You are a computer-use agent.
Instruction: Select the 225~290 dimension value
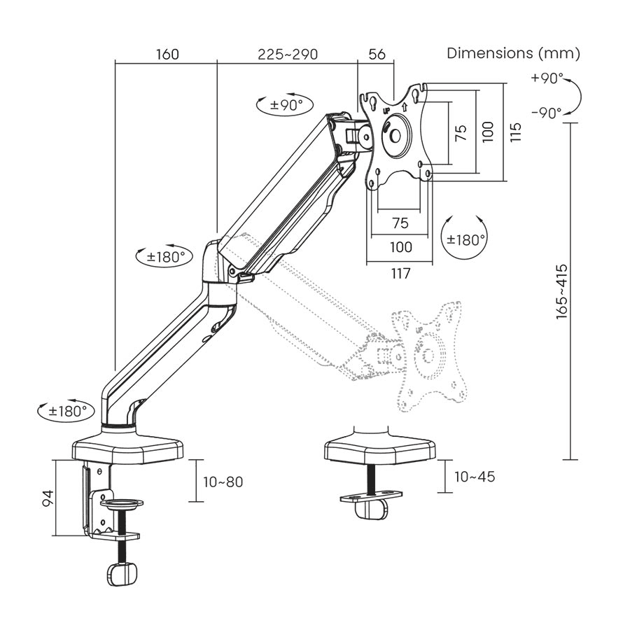288,55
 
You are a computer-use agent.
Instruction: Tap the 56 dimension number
377,55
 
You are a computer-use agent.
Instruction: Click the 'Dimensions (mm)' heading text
514,53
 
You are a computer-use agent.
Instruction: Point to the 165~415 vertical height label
562,292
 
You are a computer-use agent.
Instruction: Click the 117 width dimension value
400,273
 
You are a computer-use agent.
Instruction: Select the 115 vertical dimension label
516,132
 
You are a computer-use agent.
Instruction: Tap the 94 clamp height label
48,498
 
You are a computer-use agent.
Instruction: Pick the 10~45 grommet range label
475,477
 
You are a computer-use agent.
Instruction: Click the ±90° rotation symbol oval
286,106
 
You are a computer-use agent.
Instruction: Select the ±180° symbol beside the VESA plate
463,240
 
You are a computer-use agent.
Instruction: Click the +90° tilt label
547,78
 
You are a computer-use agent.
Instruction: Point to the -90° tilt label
547,113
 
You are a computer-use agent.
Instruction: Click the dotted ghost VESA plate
428,357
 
